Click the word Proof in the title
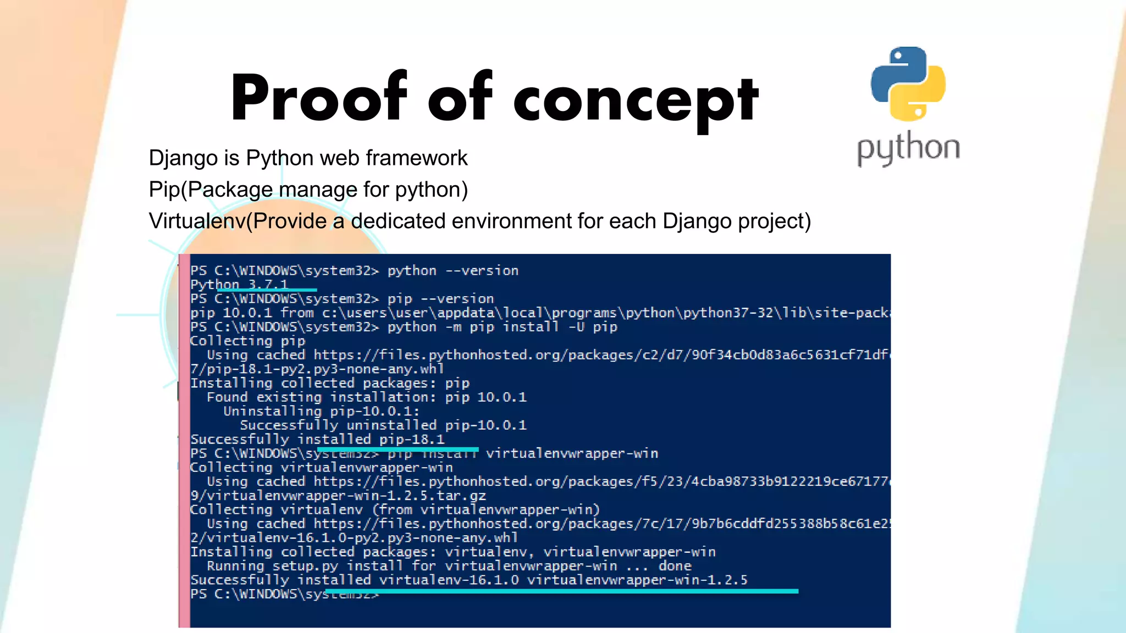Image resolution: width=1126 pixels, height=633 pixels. coord(319,99)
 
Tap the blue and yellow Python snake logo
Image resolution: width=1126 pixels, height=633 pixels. coord(908,84)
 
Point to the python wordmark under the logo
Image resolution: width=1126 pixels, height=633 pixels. coord(908,148)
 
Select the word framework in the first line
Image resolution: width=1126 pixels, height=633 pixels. coord(416,158)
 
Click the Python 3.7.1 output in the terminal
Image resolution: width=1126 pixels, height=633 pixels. coord(239,284)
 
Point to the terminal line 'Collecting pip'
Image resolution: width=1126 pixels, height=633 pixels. coord(247,341)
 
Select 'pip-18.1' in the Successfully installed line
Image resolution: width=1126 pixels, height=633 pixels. coord(412,440)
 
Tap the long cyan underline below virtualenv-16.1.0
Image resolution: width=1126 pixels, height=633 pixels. coord(561,591)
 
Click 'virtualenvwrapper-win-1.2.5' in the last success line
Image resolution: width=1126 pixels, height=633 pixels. coord(637,580)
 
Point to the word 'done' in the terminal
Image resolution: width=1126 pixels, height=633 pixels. coord(675,566)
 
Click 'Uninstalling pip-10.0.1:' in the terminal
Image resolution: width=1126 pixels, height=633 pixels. coord(321,412)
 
